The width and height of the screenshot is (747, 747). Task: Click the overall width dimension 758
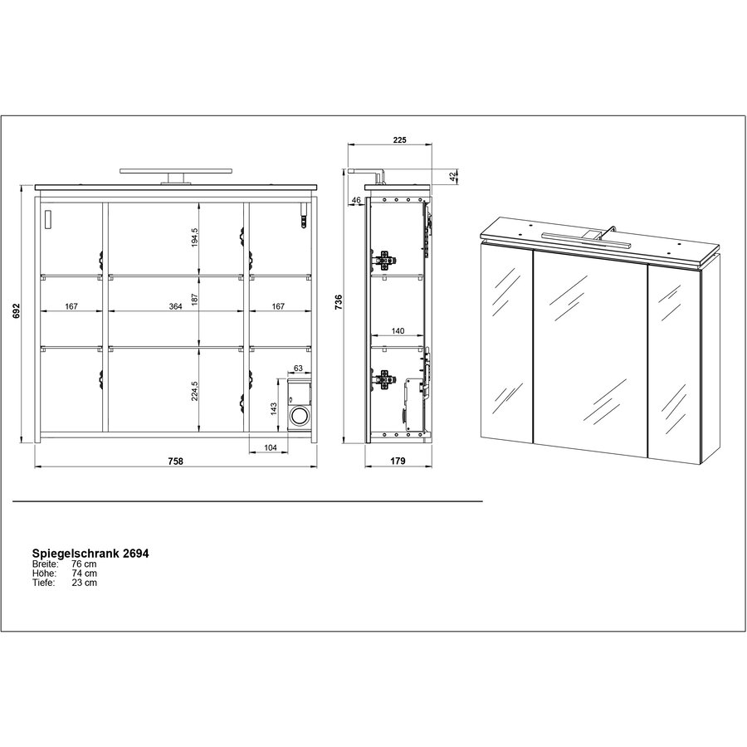(x=175, y=461)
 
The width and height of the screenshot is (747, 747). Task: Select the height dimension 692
(x=17, y=310)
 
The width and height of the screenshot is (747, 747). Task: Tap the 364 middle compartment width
(x=175, y=306)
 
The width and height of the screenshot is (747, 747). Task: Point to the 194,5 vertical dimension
(x=194, y=237)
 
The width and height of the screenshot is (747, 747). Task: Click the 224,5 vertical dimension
(x=194, y=391)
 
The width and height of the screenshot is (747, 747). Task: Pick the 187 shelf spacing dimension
(x=194, y=300)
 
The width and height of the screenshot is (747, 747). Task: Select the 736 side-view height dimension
(x=339, y=302)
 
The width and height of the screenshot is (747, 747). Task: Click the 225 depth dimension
(x=399, y=139)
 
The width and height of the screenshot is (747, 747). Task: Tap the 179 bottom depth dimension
(x=398, y=461)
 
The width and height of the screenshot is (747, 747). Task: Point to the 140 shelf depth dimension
(x=398, y=330)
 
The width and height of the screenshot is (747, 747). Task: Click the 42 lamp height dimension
(x=453, y=175)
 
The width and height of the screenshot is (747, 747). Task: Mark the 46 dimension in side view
(x=356, y=200)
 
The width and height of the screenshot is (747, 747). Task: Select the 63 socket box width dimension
(x=298, y=368)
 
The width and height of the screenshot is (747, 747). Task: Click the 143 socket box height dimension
(x=273, y=409)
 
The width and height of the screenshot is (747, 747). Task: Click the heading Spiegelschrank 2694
(x=90, y=553)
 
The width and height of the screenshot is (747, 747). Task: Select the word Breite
(x=45, y=564)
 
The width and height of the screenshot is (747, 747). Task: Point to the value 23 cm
(x=85, y=582)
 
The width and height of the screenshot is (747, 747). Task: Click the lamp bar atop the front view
(x=176, y=170)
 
